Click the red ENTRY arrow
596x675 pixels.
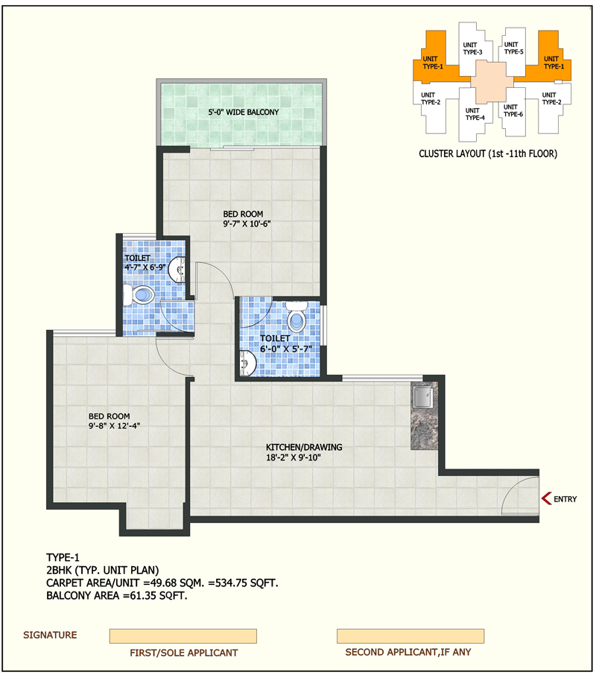coord(545,498)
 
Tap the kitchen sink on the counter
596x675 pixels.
coord(423,396)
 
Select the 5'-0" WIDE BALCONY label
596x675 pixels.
coord(244,112)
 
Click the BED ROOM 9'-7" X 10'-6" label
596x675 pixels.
coord(247,219)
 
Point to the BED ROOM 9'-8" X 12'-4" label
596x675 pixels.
coord(114,421)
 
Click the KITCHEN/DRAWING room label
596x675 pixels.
coord(304,452)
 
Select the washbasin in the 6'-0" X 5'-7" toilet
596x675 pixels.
coord(247,364)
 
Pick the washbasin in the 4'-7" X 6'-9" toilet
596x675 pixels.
coord(177,270)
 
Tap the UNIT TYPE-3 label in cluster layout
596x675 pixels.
coord(472,48)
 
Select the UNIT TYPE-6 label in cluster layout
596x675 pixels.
coord(513,110)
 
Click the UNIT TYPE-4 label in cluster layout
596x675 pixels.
coord(475,114)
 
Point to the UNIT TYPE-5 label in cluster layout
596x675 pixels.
coord(513,48)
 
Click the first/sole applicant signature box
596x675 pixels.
coord(183,636)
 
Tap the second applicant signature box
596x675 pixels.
coord(410,636)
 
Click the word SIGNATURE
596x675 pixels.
coord(50,635)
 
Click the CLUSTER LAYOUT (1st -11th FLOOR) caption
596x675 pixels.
coord(488,153)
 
